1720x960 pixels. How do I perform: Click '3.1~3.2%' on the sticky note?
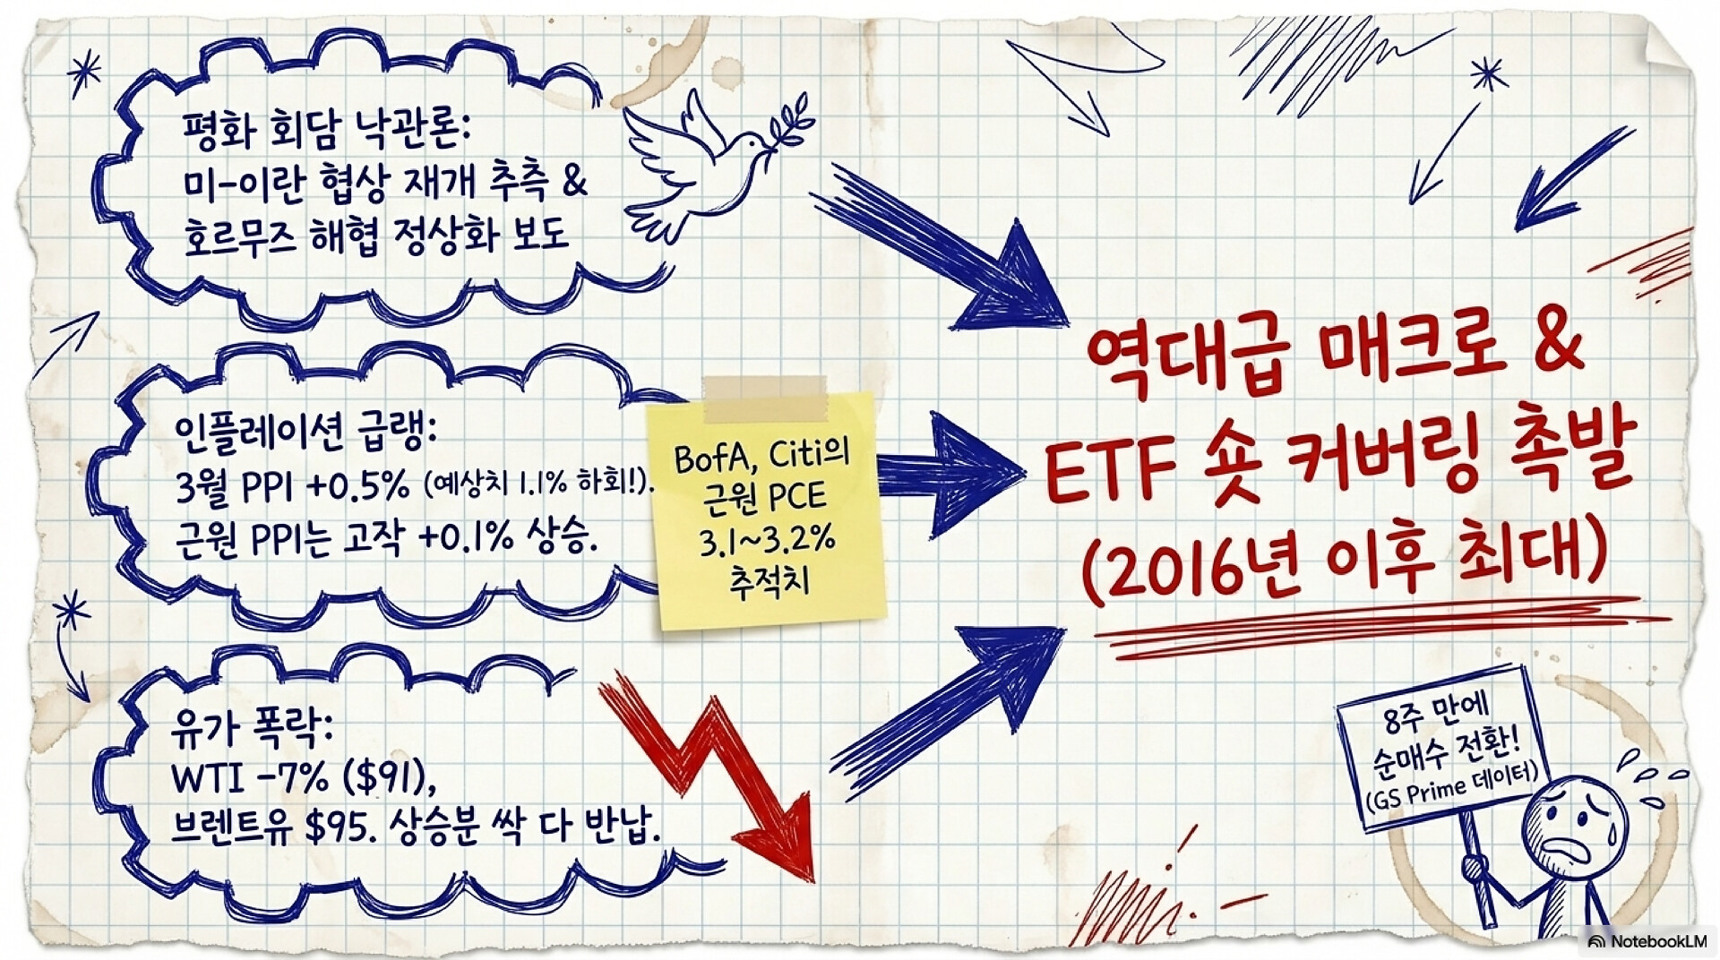768,541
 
